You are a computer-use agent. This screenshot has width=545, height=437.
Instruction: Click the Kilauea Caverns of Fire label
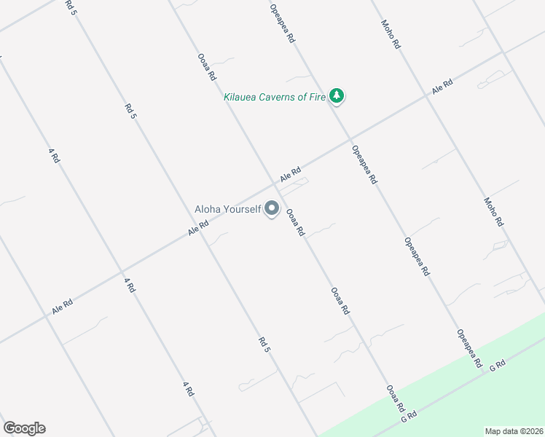275,97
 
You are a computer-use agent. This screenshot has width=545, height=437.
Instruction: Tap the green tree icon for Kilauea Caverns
336,95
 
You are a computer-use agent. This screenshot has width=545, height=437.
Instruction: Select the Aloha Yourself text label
227,209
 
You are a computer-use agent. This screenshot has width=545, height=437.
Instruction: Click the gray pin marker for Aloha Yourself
272,209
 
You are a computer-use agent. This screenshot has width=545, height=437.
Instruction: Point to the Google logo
24,428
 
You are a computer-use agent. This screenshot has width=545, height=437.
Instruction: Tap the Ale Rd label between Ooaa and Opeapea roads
290,176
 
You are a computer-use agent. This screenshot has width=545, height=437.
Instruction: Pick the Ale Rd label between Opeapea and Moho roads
442,87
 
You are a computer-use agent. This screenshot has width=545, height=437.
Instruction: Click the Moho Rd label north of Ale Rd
391,34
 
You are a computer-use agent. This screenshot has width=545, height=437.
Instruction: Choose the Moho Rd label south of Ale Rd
494,212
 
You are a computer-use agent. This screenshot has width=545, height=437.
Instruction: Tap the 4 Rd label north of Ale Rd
54,156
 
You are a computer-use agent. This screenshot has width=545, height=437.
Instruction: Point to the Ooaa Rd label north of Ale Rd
207,66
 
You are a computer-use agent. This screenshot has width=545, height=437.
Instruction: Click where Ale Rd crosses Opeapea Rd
349,140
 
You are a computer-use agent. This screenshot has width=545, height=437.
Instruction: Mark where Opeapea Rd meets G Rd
484,373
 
